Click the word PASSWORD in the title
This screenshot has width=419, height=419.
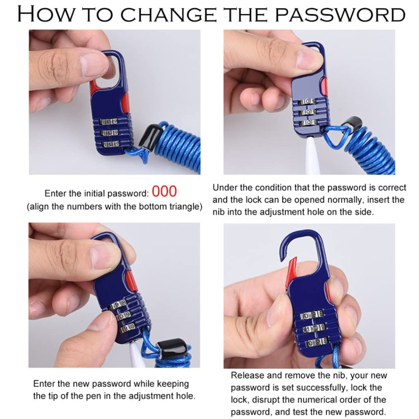[x=340, y=15]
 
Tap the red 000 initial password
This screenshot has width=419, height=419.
[x=164, y=191]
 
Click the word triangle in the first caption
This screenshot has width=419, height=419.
[x=183, y=207]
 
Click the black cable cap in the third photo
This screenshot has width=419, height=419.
[x=174, y=349]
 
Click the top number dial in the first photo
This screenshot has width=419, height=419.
[x=109, y=122]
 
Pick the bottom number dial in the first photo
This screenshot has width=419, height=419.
[x=111, y=144]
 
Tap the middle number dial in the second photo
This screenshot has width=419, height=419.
[x=308, y=112]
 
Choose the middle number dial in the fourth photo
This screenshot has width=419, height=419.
[x=315, y=328]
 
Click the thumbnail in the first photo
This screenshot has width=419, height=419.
[x=93, y=64]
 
